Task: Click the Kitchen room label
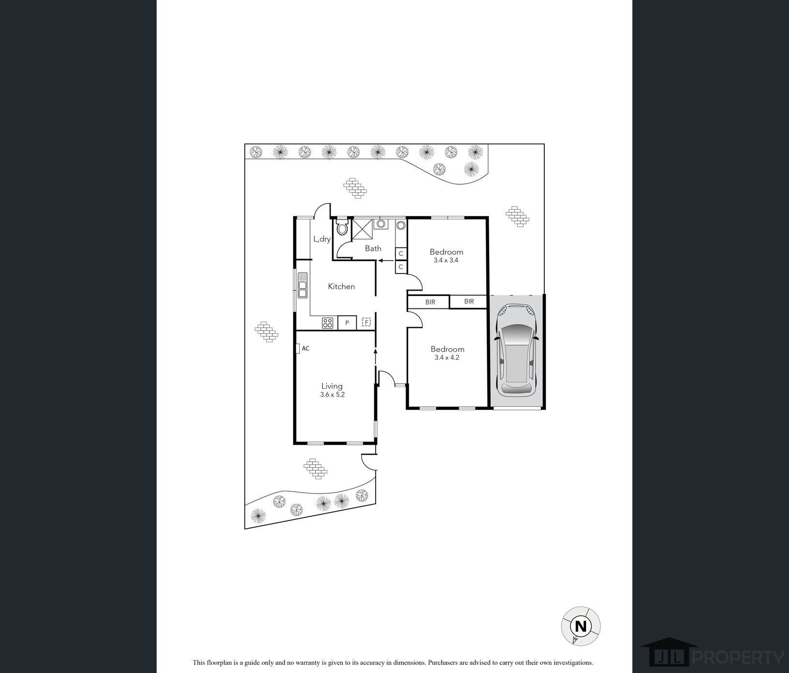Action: (341, 286)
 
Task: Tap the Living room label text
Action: (332, 386)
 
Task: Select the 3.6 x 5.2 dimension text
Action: (332, 395)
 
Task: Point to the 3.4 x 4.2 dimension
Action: (447, 358)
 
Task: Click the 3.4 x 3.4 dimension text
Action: (446, 260)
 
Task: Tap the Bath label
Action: (373, 249)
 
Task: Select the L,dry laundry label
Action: (322, 239)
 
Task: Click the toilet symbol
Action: (342, 227)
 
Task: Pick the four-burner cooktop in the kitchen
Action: (328, 322)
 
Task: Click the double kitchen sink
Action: (303, 285)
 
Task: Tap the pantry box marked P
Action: (347, 322)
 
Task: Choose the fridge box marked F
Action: (366, 322)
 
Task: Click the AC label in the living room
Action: (306, 348)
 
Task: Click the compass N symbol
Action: (581, 626)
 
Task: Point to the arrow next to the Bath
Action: (385, 261)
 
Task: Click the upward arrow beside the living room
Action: (375, 356)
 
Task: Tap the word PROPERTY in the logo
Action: (738, 658)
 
